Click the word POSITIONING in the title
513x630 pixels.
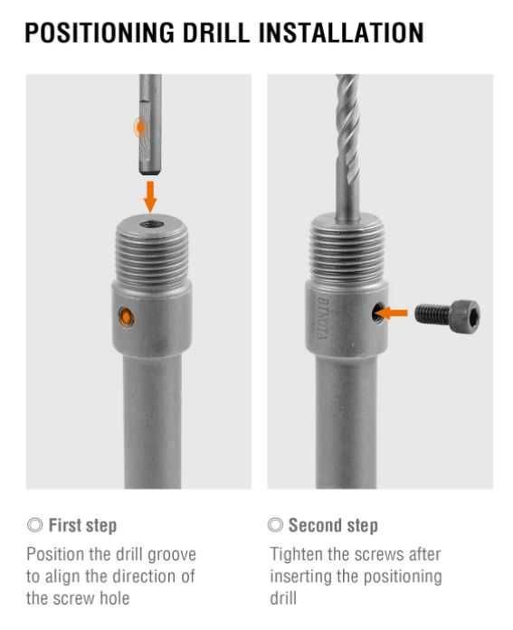pos(100,33)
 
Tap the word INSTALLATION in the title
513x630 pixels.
pos(341,33)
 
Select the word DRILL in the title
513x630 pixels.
pos(216,33)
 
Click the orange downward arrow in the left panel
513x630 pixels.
pos(150,196)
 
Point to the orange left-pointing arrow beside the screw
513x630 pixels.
pos(394,313)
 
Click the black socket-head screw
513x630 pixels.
pos(447,313)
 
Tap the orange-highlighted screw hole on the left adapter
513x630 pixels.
pos(127,316)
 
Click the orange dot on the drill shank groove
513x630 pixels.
pos(140,127)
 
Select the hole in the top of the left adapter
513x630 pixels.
pos(151,224)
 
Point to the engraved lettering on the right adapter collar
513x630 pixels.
pos(322,318)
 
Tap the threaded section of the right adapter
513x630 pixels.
pos(347,253)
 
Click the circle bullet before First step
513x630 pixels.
pos(35,525)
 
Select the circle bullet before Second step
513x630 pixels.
pos(275,525)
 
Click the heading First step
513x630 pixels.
pos(83,525)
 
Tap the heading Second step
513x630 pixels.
pos(333,525)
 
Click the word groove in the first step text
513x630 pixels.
pos(172,555)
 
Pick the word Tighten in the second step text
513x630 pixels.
pos(296,555)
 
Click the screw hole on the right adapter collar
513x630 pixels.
pos(377,312)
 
